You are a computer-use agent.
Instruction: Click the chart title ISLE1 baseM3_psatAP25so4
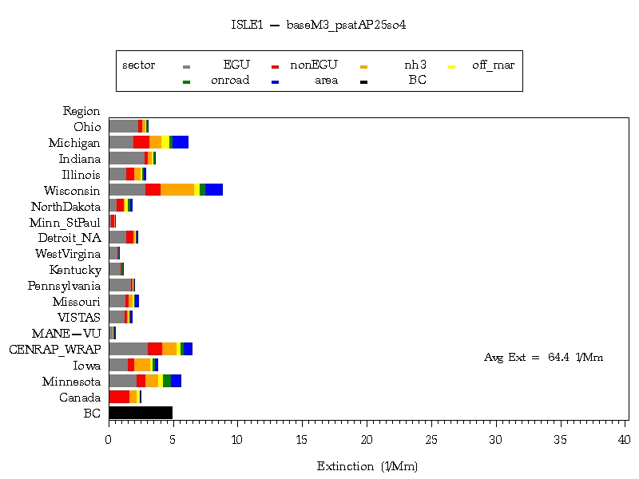point(319,25)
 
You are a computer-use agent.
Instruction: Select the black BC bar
point(141,413)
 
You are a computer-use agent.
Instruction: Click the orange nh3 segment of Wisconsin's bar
point(177,189)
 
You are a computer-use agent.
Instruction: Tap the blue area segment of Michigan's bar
point(181,142)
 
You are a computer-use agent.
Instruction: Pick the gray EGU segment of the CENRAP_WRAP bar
point(128,349)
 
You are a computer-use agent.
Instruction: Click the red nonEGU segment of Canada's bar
point(119,397)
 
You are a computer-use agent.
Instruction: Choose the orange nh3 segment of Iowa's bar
point(142,365)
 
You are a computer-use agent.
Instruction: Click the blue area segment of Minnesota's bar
point(176,381)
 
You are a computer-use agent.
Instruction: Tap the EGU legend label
point(236,65)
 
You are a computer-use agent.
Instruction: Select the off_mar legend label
point(493,65)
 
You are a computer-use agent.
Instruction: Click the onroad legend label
point(230,81)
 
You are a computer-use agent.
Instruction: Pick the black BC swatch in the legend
point(363,81)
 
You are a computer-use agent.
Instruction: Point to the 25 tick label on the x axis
point(431,439)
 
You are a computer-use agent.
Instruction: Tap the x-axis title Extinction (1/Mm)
point(367,466)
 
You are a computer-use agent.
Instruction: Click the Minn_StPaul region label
point(65,222)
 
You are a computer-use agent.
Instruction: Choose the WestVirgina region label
point(67,254)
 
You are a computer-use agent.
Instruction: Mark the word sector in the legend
point(138,65)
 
